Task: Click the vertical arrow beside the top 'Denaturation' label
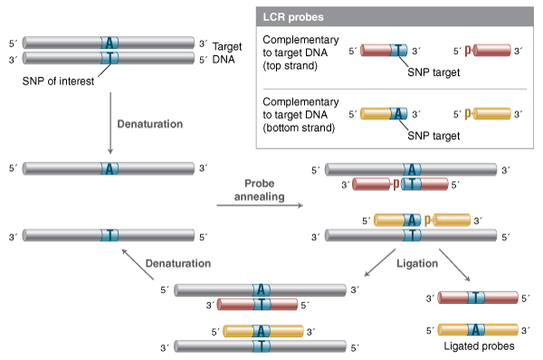click(110, 123)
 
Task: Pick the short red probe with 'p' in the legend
click(489, 52)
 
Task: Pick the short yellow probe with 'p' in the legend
click(489, 114)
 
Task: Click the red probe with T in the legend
click(384, 52)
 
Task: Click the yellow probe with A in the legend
click(384, 114)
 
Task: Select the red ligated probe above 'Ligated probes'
click(477, 297)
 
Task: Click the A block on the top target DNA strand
click(110, 43)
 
